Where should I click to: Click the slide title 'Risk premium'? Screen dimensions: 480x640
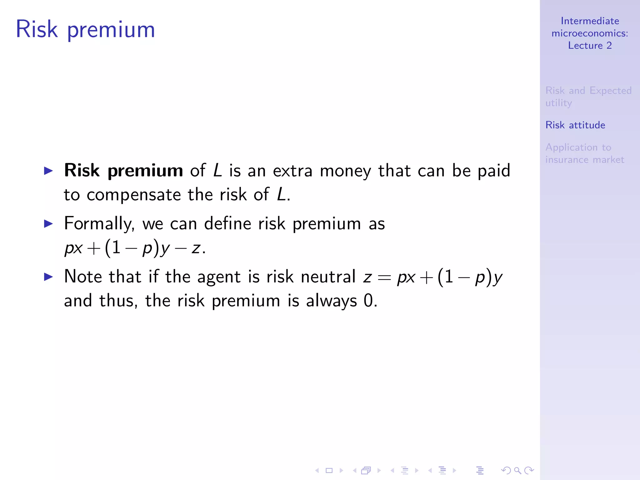(x=85, y=30)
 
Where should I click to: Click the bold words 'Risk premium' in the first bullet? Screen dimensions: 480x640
(x=123, y=171)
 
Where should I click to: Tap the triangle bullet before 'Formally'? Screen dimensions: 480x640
(x=48, y=223)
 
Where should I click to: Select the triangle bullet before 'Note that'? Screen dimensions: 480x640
(x=48, y=277)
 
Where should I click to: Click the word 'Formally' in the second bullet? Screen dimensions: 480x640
(x=99, y=224)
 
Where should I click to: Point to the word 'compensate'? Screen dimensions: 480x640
(x=134, y=195)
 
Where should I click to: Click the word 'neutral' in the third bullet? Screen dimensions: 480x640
(x=328, y=277)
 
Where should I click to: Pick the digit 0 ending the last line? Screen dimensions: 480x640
(x=368, y=301)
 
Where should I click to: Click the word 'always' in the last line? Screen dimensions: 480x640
(x=331, y=301)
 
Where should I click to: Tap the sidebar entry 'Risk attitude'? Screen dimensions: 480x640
(x=575, y=125)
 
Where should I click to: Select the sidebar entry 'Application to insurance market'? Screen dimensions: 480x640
(x=584, y=153)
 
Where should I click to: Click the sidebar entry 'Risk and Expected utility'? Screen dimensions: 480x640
(x=588, y=97)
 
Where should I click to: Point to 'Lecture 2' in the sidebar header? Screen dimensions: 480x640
(x=590, y=46)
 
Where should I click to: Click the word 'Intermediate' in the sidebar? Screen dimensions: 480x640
(x=590, y=21)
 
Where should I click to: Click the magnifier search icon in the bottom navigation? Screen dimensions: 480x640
(x=517, y=470)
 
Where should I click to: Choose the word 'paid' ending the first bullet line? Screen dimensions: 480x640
(x=494, y=171)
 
